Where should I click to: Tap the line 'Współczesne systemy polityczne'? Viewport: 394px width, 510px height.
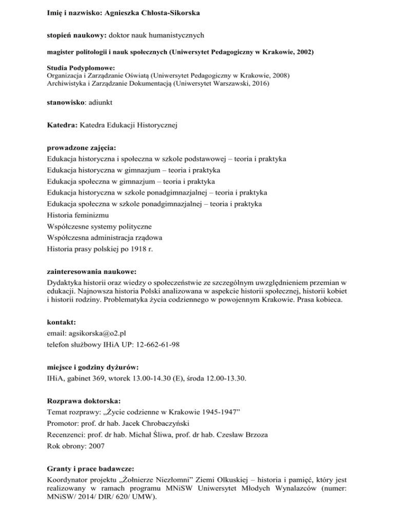(x=103, y=226)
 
